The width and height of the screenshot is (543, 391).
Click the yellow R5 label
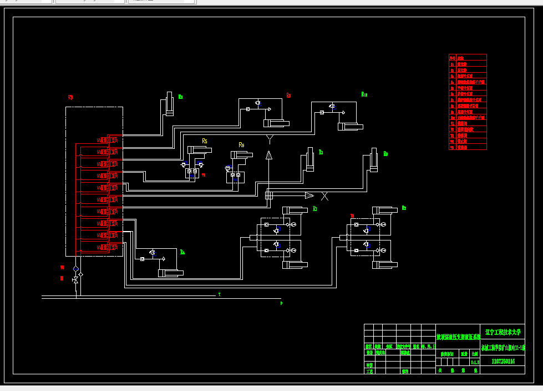205,142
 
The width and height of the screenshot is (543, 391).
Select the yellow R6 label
241,145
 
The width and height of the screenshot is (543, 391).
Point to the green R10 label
364,94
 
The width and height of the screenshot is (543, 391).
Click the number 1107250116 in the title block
503,361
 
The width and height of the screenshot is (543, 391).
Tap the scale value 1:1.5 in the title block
475,362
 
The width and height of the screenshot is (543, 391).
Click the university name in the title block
503,332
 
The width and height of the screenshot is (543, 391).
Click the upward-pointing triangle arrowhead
269,154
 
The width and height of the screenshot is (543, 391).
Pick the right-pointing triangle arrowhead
309,195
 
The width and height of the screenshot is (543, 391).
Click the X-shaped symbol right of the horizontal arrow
324,195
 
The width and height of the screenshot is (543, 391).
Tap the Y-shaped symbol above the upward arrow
270,138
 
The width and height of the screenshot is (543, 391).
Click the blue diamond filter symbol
76,269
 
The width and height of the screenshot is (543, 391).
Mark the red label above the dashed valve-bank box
70,98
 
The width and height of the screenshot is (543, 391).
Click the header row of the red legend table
468,57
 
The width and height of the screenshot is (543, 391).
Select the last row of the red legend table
468,147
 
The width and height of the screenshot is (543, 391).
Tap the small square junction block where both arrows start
269,195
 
